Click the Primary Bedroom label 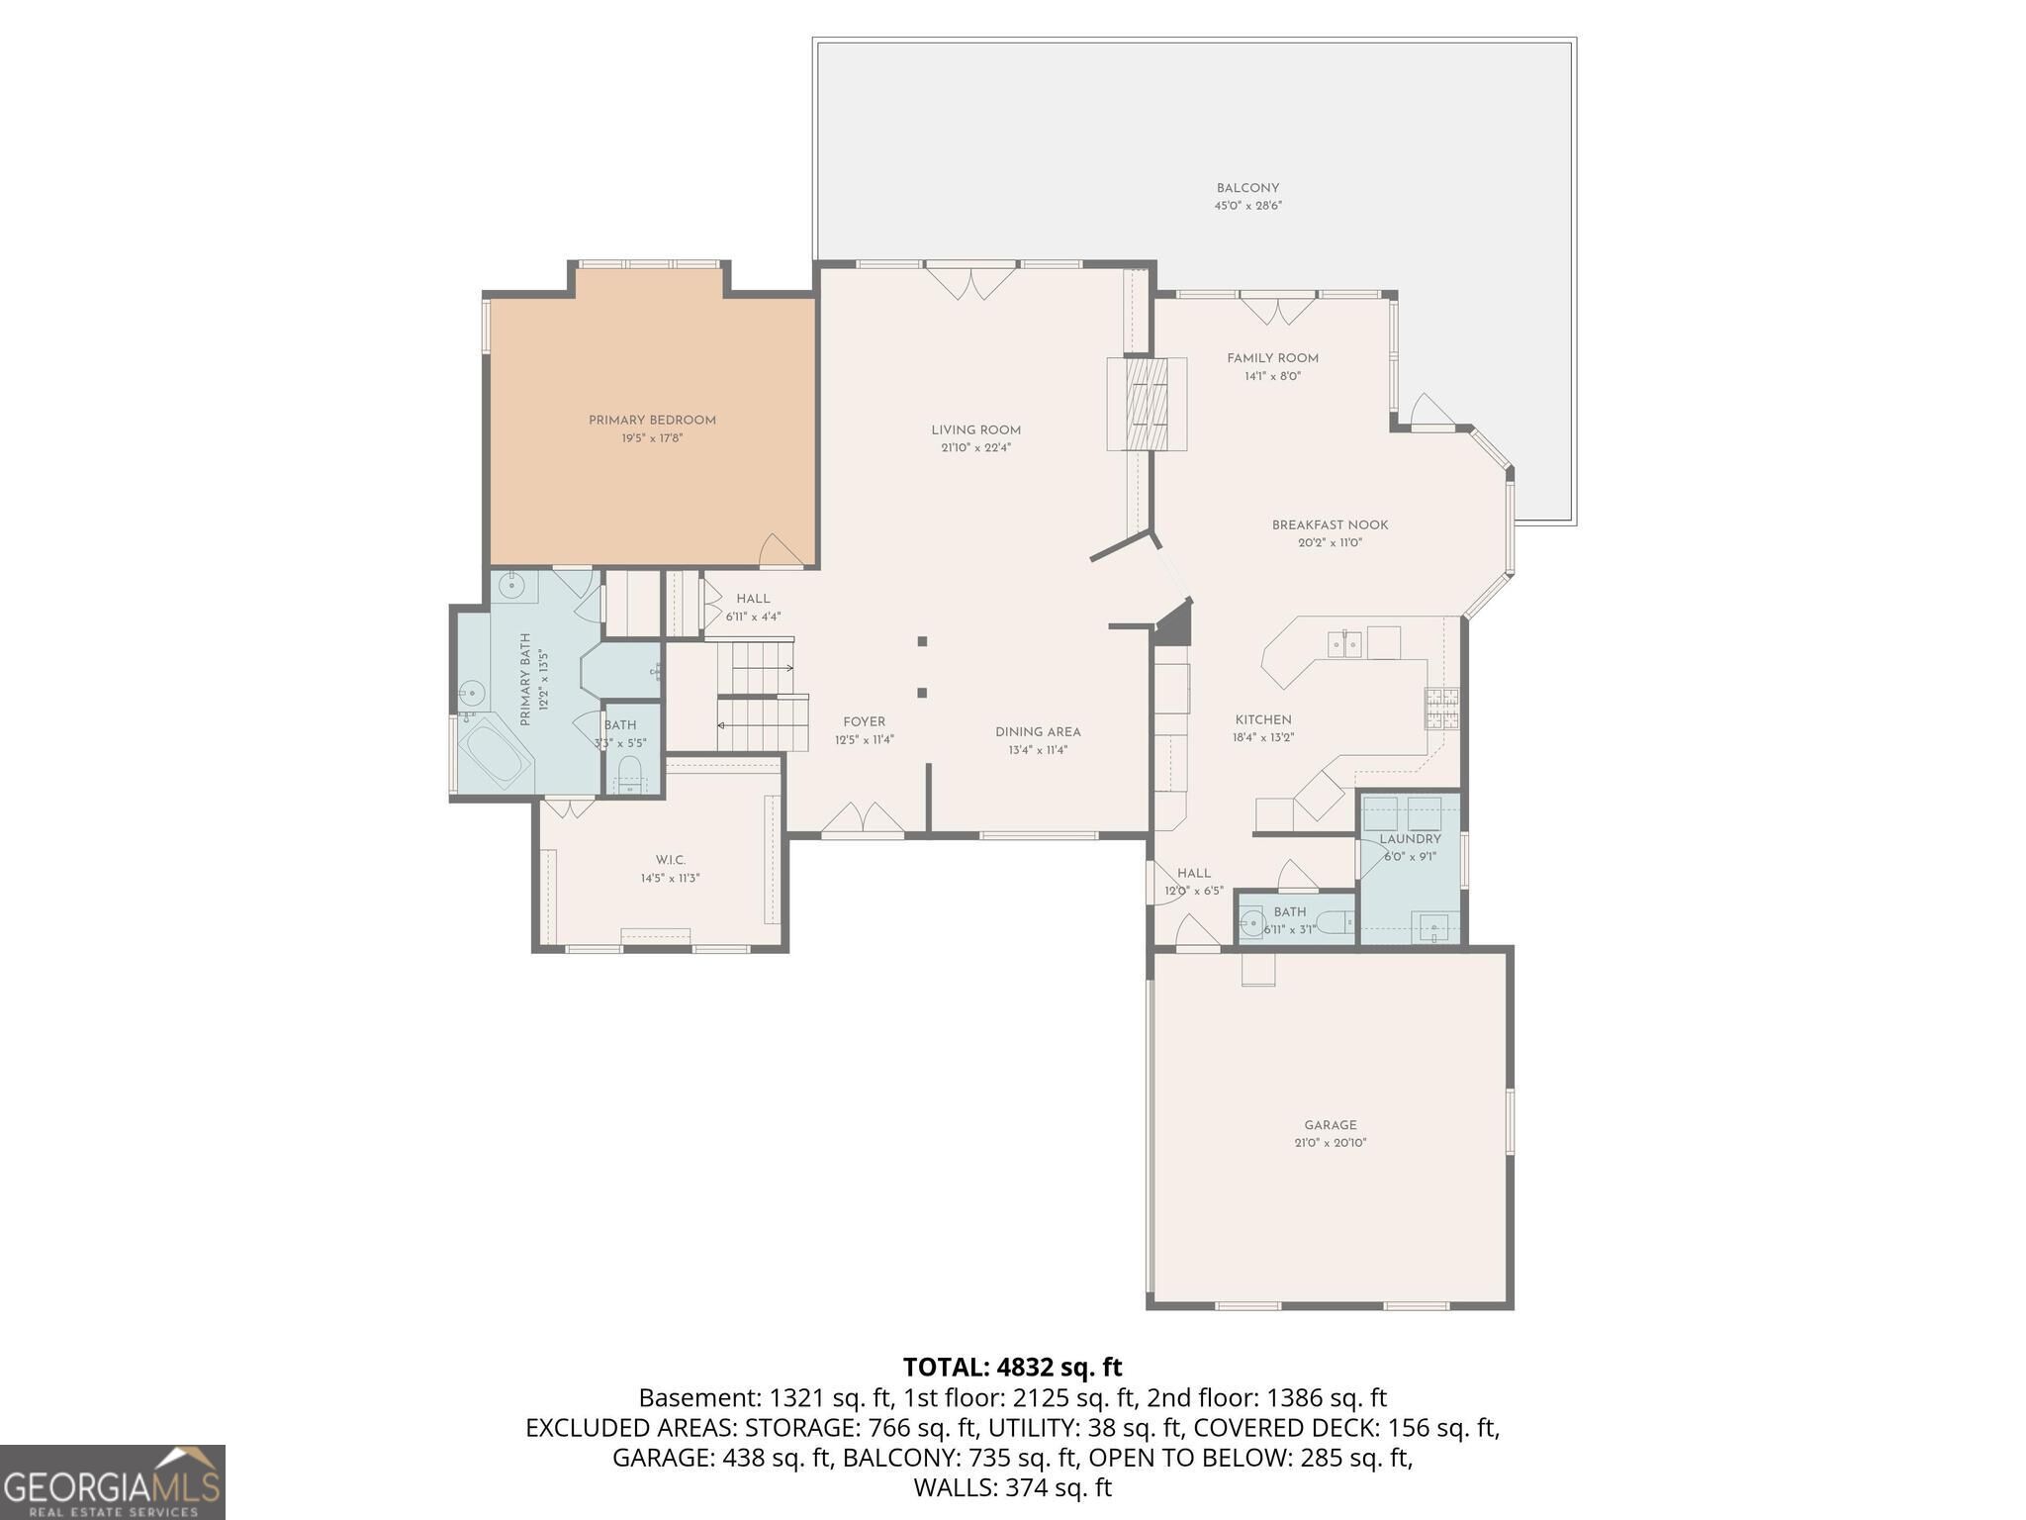pos(652,421)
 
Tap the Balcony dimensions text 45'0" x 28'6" pos(1248,206)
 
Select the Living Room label pos(975,429)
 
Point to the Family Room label pos(1272,358)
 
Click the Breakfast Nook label pos(1330,525)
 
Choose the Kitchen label pos(1263,719)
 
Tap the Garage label pos(1330,1125)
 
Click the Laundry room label pos(1410,839)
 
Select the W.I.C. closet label pos(670,860)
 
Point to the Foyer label pos(864,722)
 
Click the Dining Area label pos(1038,732)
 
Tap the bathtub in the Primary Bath pos(496,754)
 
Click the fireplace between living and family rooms pos(1148,403)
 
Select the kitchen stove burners pos(1441,709)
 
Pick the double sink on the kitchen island pos(1345,645)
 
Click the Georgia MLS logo pos(113,1481)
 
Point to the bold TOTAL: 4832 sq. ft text pos(1012,1367)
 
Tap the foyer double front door pos(863,819)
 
